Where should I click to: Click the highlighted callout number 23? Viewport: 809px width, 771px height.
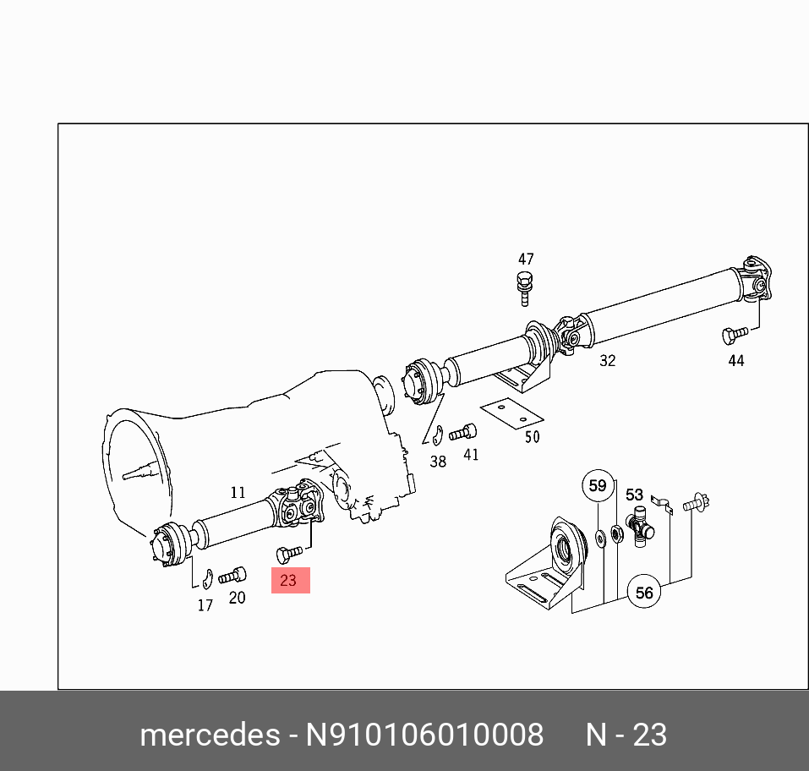point(289,581)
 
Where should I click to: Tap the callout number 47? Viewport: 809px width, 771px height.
point(526,260)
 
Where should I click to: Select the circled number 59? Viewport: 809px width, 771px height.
point(598,486)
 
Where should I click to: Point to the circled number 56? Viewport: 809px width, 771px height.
point(644,593)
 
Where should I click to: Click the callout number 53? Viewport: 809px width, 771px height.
point(634,495)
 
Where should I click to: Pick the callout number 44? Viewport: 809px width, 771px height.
point(736,360)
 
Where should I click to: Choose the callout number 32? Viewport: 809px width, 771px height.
point(607,360)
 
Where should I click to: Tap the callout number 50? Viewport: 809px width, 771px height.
point(532,437)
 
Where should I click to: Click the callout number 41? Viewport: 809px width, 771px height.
point(471,454)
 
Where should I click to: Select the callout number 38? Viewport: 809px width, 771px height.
point(438,462)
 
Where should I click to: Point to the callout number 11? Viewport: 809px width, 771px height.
point(238,492)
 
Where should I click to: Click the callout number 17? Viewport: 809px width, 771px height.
point(205,605)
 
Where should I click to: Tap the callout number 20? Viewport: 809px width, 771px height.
point(238,597)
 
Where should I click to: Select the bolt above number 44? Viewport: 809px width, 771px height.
point(732,335)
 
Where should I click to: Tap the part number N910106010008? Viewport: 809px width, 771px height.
point(424,735)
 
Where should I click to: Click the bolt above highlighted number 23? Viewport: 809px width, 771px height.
point(287,555)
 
